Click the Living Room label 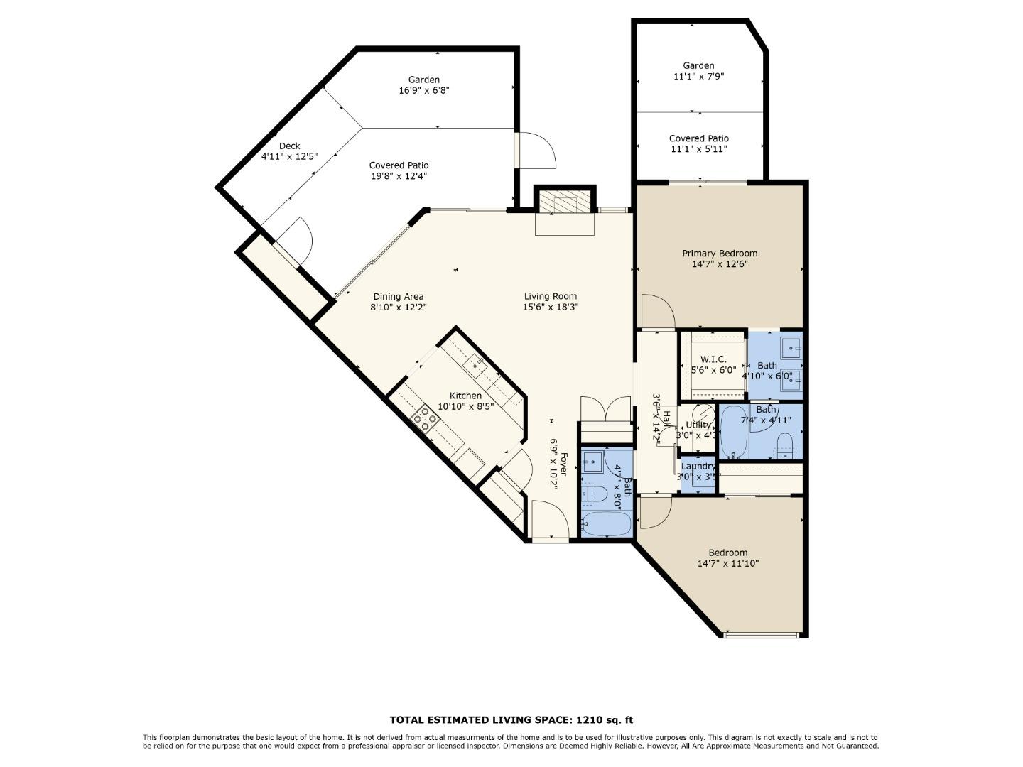click(550, 296)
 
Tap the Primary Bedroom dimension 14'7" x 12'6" click(720, 264)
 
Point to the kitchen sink click(475, 364)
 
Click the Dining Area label click(398, 296)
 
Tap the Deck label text click(289, 146)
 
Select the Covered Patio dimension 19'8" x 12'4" click(399, 176)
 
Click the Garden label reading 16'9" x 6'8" click(423, 90)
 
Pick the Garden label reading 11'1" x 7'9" click(698, 76)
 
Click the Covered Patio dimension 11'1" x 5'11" click(698, 149)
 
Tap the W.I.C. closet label click(713, 359)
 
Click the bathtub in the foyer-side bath click(606, 525)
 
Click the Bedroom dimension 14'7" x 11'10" click(727, 564)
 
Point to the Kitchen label click(465, 396)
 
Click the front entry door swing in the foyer click(549, 520)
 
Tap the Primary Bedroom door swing click(657, 311)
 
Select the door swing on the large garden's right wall click(536, 149)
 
